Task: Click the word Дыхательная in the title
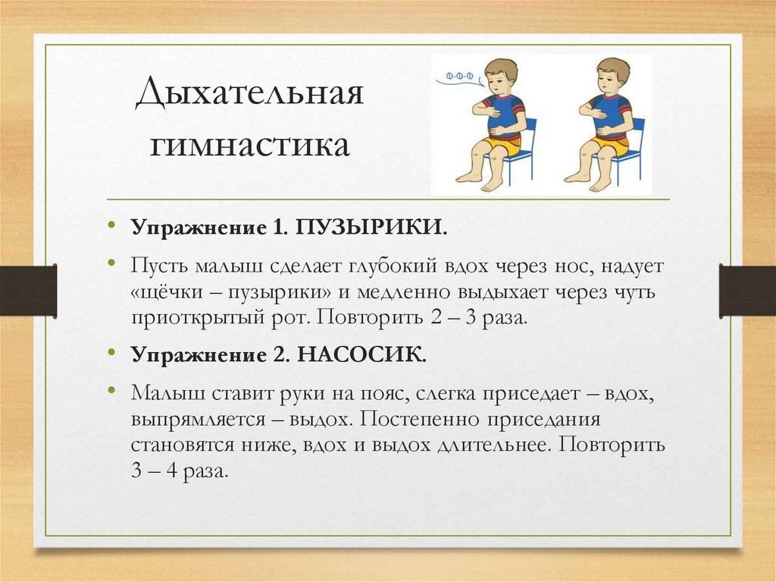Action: click(250, 99)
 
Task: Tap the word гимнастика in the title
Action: click(250, 144)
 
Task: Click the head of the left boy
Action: click(499, 75)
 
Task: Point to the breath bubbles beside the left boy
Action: click(460, 76)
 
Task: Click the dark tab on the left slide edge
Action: click(28, 291)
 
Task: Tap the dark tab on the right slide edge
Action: click(747, 291)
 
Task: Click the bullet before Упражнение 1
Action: click(111, 227)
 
